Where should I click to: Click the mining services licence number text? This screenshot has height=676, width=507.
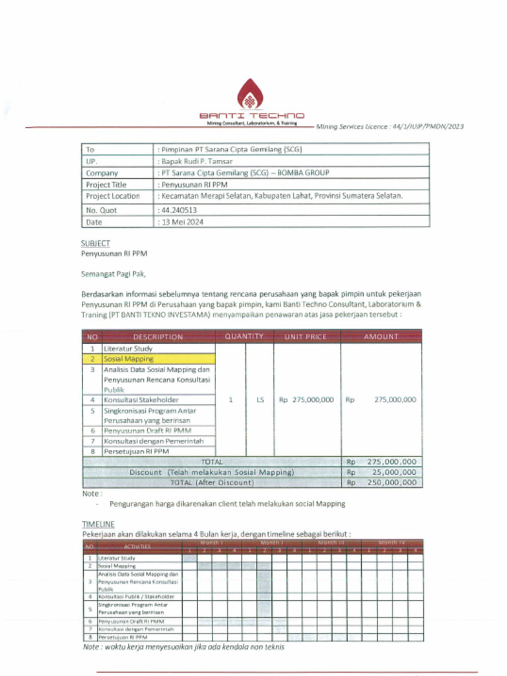[389, 126]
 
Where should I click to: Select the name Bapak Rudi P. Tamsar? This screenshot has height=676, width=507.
[195, 161]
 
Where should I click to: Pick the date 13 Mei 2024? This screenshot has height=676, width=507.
[182, 222]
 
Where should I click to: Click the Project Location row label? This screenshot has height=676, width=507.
[113, 196]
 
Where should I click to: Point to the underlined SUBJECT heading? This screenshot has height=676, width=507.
[96, 243]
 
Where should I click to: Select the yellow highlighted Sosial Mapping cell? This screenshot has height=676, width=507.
[129, 359]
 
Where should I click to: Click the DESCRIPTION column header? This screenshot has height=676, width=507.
[158, 337]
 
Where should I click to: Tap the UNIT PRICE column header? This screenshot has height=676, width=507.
[306, 337]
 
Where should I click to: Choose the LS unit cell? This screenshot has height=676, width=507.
[259, 399]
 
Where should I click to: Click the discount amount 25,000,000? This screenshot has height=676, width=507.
[394, 472]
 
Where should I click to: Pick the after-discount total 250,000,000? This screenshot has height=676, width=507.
[391, 483]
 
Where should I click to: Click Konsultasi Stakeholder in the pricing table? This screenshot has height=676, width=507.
[141, 399]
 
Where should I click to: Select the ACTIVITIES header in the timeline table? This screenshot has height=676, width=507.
[137, 547]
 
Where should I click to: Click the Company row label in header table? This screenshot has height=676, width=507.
[102, 173]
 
